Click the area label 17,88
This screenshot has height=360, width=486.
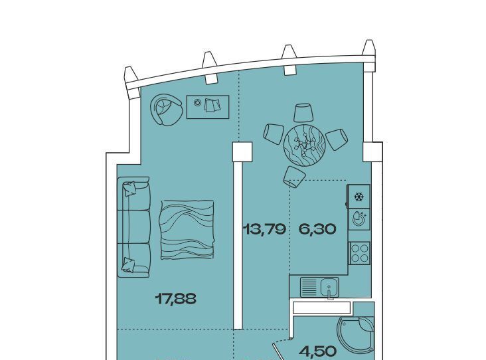175,299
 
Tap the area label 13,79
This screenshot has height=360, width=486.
264,229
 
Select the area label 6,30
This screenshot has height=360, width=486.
317,229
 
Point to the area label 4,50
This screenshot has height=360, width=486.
318,351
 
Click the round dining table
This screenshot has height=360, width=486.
304,145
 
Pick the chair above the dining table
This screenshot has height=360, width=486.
303,112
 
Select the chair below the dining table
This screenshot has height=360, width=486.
293,177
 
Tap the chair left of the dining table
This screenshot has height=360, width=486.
274,134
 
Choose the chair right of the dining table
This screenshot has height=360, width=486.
337,139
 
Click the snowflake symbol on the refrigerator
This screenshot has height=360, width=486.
359,197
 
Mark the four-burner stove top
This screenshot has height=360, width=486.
359,253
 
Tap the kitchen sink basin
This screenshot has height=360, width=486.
329,287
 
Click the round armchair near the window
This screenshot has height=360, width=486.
165,110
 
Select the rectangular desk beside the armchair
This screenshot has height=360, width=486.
208,107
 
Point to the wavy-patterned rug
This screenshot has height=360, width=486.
187,230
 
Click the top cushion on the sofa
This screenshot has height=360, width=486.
129,188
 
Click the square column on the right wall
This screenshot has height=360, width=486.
372,151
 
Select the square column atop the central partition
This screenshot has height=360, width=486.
242,151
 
